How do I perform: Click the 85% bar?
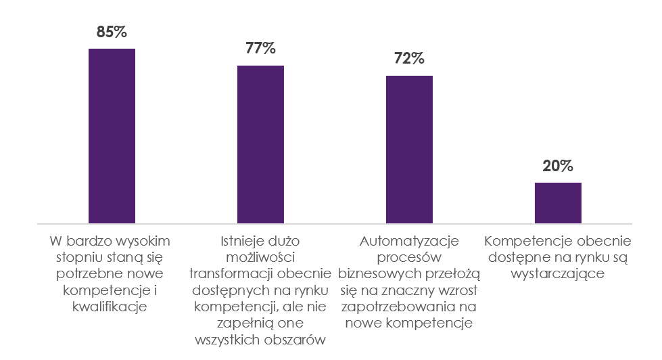click(112, 135)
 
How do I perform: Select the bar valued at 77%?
click(260, 144)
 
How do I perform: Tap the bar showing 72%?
click(409, 149)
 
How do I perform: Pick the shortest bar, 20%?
click(558, 202)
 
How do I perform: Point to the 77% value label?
click(260, 48)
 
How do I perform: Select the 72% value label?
click(409, 58)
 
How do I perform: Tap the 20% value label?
click(558, 166)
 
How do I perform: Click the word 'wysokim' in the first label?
click(144, 242)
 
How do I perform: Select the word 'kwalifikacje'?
click(112, 307)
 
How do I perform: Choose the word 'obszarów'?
click(293, 339)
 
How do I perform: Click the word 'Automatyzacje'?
click(409, 242)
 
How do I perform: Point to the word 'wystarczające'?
click(558, 274)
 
